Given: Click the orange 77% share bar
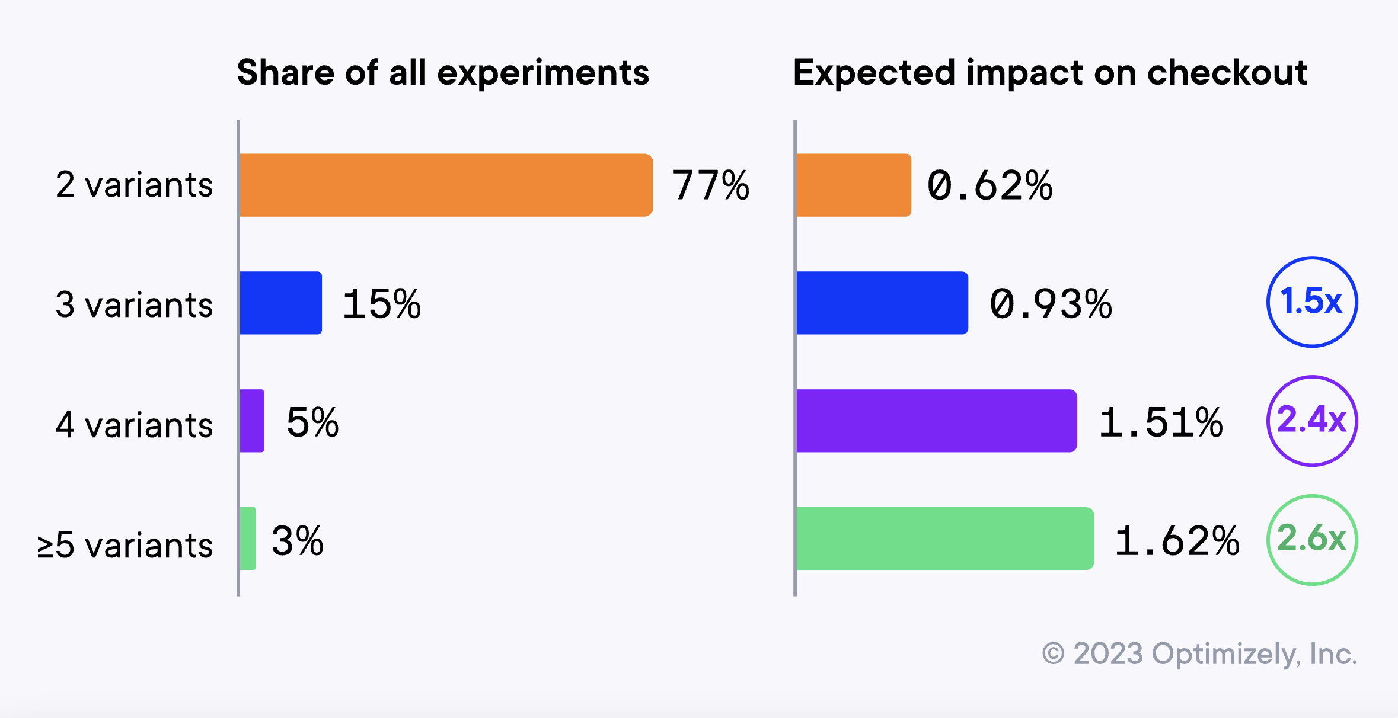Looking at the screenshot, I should [x=446, y=185].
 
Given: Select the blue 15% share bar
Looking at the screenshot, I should [x=281, y=303].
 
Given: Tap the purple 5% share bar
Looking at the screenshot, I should [x=252, y=421].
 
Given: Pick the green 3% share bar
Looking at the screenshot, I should [x=248, y=538].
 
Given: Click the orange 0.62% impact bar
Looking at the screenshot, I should [x=853, y=185].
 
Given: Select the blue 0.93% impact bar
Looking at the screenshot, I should [x=882, y=303].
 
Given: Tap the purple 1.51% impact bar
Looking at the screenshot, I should [x=936, y=421].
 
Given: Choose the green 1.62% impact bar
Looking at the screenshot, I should [x=944, y=538].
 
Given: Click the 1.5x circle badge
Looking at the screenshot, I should [x=1311, y=302].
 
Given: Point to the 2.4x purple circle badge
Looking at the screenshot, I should [x=1311, y=421].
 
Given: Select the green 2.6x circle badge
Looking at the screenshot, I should [x=1311, y=540].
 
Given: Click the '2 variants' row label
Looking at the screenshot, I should [x=134, y=185].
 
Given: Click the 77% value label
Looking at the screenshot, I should [x=710, y=185].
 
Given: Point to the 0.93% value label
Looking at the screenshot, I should [x=1050, y=304].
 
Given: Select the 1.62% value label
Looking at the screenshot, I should [x=1176, y=541].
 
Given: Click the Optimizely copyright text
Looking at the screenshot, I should [x=1199, y=654].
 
